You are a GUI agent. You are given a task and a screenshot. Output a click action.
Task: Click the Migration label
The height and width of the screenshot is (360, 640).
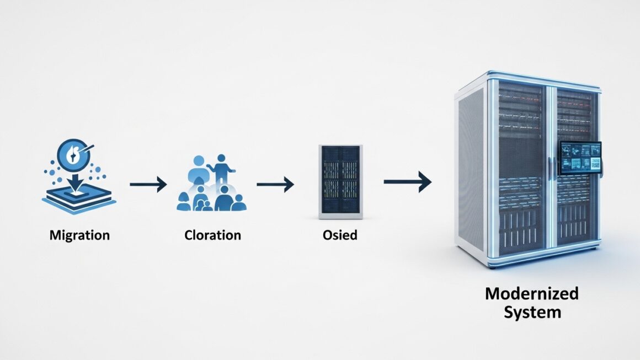(x=79, y=235)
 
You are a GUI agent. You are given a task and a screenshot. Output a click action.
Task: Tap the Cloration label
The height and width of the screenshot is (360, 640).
(x=213, y=235)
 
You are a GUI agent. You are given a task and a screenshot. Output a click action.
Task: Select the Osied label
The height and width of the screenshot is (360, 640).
(x=340, y=235)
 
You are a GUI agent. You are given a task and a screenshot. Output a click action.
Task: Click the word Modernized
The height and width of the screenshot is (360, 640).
(x=531, y=293)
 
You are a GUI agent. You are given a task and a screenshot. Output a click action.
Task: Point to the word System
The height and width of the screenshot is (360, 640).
(x=531, y=312)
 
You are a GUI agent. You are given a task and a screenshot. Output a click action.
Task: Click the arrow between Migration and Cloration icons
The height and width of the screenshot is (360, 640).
(x=148, y=185)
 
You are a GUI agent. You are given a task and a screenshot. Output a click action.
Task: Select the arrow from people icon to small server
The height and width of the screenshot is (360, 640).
(x=275, y=185)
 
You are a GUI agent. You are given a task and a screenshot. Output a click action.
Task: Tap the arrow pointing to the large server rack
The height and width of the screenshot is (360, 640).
(x=407, y=182)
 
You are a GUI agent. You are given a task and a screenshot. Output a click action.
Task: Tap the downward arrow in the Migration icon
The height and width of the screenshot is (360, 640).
(x=74, y=179)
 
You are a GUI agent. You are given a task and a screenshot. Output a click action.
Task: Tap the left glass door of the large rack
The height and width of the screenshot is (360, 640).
(x=521, y=165)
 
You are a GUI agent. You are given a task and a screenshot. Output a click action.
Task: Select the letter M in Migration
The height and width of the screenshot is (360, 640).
(x=54, y=235)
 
